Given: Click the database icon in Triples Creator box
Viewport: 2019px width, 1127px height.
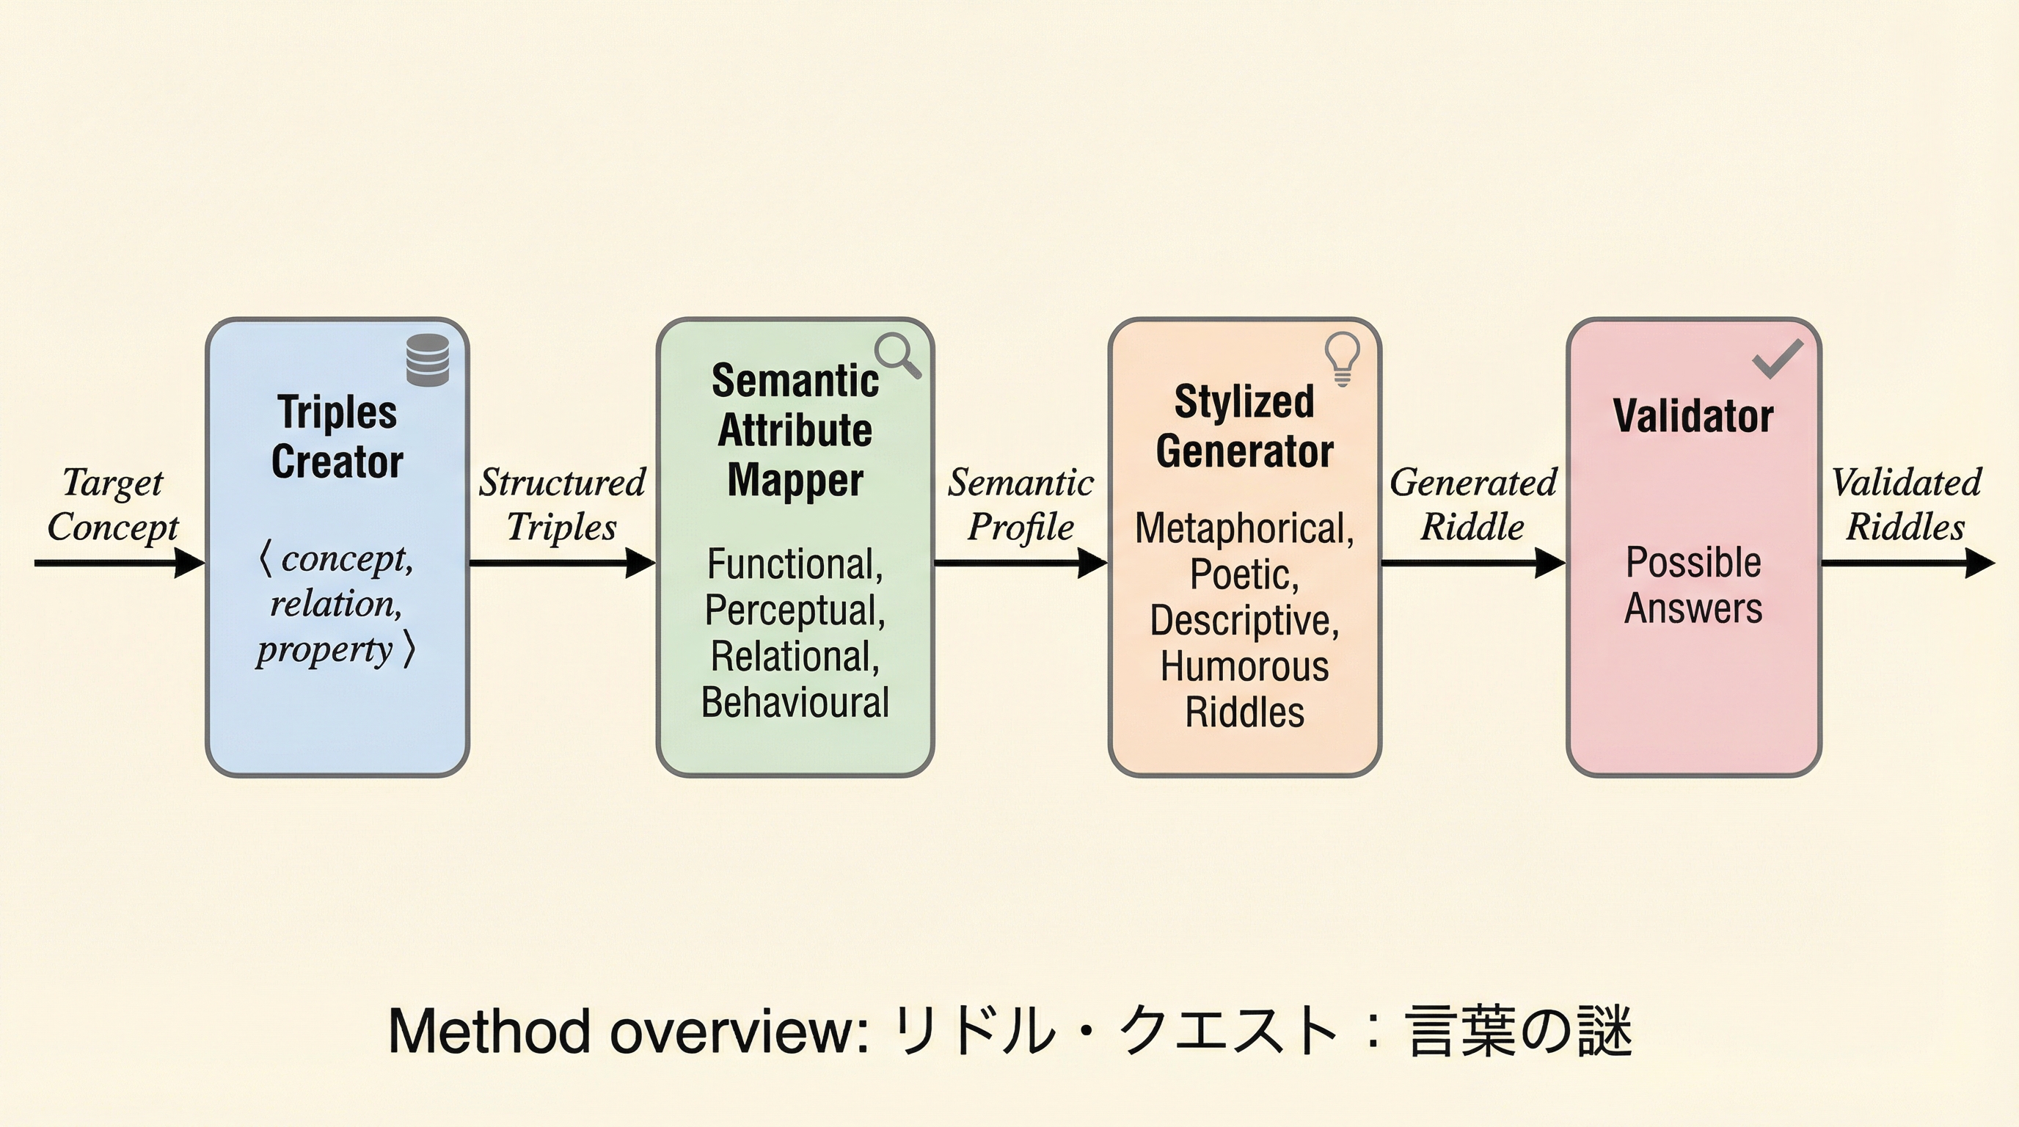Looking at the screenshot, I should pos(428,360).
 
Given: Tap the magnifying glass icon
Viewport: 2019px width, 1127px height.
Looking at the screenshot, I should pos(897,354).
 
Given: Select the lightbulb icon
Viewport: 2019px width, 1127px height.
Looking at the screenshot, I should pos(1342,357).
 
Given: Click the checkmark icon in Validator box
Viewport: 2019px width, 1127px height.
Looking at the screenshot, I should pos(1777,358).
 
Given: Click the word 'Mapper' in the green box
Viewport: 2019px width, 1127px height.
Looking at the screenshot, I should pos(795,480).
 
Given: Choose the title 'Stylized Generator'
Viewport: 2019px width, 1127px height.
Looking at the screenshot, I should pos(1244,426).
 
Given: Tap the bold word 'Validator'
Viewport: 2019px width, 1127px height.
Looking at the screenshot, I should pos(1693,415).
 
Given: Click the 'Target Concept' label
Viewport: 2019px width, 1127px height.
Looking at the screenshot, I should pos(113,504).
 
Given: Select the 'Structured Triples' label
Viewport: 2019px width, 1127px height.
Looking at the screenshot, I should pos(562,504).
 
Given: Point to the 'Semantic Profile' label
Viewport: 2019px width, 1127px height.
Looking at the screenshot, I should pos(1021,504).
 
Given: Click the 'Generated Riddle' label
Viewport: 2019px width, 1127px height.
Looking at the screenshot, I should pos(1472,504).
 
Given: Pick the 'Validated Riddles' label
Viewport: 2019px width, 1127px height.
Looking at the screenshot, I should pos(1906,504).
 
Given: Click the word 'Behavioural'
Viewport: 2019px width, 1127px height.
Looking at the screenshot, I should pos(795,702).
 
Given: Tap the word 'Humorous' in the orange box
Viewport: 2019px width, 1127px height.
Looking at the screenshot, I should pos(1244,667).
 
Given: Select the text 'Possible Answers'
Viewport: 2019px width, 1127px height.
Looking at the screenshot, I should pos(1693,585).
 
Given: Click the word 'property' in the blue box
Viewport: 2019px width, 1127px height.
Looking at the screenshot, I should pos(324,649).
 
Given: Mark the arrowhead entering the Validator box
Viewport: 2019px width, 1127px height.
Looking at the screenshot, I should pos(1549,563).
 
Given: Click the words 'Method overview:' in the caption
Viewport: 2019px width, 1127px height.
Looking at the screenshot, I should pos(628,1032).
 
